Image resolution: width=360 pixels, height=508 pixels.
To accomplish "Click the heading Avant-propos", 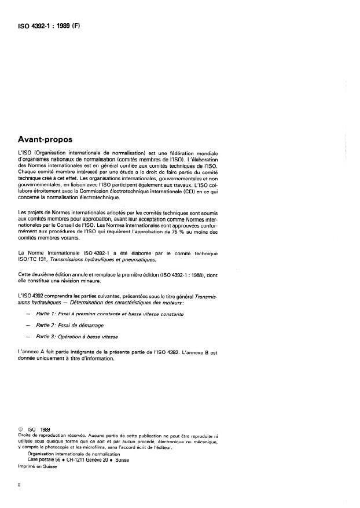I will point(50,139).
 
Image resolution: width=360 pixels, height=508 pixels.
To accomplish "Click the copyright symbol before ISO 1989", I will point(21,429).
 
